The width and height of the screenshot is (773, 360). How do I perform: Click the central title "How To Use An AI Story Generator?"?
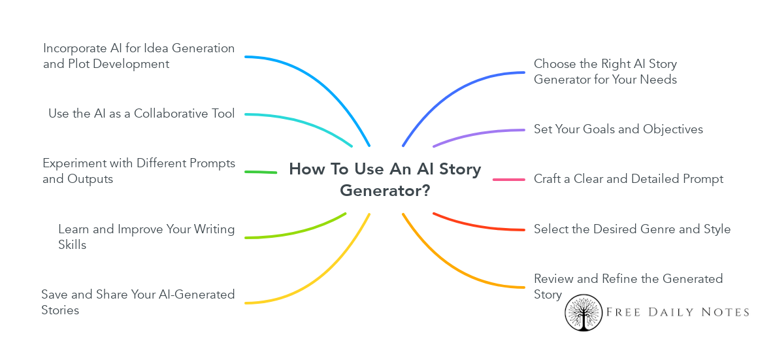point(385,180)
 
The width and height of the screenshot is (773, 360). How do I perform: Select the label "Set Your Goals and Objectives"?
point(618,129)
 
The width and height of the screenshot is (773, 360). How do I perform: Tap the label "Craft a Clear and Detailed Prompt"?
point(628,179)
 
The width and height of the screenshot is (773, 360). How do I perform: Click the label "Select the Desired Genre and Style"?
point(632,229)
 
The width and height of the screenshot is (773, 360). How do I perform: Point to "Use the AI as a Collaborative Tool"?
point(141,114)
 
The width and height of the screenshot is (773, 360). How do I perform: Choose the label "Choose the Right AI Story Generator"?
point(605,72)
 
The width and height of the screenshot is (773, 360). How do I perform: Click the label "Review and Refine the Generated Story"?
point(628,286)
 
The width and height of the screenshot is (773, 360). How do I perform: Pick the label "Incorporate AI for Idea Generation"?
point(139,56)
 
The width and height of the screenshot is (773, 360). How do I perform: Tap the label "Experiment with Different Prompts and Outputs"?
point(139,171)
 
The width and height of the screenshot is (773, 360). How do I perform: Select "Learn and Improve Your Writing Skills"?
point(146,237)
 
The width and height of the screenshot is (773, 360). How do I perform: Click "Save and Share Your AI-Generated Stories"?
point(138,302)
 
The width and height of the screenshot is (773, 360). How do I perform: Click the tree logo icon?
point(583,312)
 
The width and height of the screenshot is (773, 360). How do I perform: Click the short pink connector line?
point(508,180)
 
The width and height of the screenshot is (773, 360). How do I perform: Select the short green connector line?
point(260,172)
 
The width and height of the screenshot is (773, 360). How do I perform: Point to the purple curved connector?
point(477,135)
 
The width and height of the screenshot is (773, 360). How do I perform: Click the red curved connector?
point(477,225)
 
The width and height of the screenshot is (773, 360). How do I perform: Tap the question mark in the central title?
point(425,191)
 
